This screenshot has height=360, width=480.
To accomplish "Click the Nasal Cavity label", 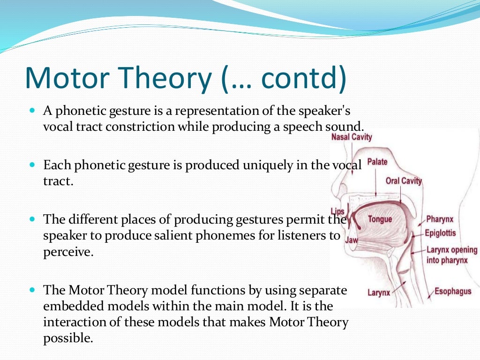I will [x=352, y=137].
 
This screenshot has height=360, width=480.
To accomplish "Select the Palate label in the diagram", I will [x=377, y=162].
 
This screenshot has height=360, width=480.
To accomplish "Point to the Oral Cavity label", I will [x=404, y=181].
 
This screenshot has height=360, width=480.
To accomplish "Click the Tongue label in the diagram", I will [x=380, y=219].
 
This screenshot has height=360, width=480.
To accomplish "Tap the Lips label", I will [x=337, y=212].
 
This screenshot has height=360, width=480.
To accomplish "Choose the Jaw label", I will [x=352, y=240].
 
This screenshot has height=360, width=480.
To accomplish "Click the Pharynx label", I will [x=440, y=219].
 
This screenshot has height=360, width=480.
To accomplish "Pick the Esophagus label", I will [x=453, y=291].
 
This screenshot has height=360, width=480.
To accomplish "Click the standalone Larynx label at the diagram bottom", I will [x=379, y=293].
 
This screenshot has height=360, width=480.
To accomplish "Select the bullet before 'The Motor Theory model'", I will [x=32, y=290].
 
